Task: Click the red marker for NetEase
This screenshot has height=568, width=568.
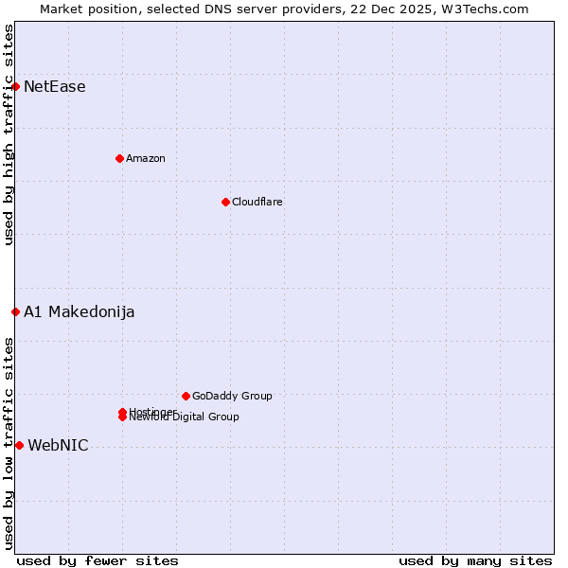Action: pos(15,87)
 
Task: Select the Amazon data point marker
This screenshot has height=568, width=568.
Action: pos(119,158)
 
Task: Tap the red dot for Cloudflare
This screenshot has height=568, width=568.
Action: pos(225,202)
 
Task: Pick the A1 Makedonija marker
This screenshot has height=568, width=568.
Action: pos(15,311)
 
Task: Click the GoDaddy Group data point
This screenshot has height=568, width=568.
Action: pos(186,396)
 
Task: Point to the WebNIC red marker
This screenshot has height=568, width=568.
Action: pos(19,445)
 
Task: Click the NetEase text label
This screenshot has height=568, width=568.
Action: pos(55,87)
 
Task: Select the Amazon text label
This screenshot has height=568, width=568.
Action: pos(146,158)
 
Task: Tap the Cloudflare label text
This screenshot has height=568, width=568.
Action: pos(257,202)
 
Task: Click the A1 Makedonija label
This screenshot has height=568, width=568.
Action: pos(80,312)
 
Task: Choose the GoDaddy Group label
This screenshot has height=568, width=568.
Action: pos(232,396)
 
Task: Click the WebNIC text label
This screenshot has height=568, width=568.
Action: pos(59,446)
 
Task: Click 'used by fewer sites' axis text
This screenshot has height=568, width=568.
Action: pos(98,560)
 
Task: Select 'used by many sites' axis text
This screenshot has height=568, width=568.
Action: pos(475,560)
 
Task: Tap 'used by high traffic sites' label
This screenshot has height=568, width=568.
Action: pos(9,134)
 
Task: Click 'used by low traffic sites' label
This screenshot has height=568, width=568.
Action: pos(9,443)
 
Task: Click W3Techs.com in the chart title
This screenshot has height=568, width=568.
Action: pos(488,9)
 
